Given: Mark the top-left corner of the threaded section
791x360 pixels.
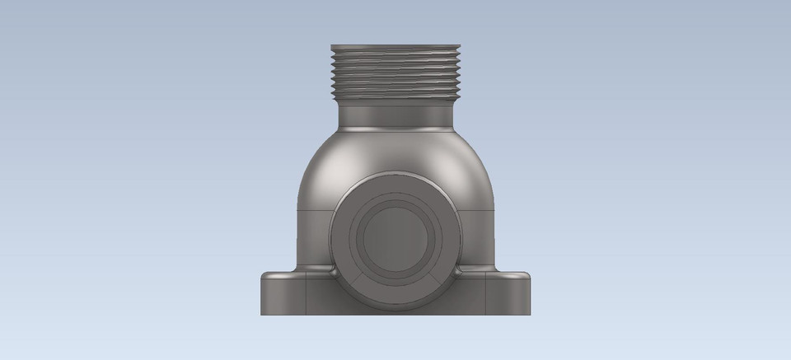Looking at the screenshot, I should point(332,46).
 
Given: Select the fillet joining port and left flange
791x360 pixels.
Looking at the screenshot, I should point(330,270).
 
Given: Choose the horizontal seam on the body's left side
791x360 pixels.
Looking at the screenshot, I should point(313,209).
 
